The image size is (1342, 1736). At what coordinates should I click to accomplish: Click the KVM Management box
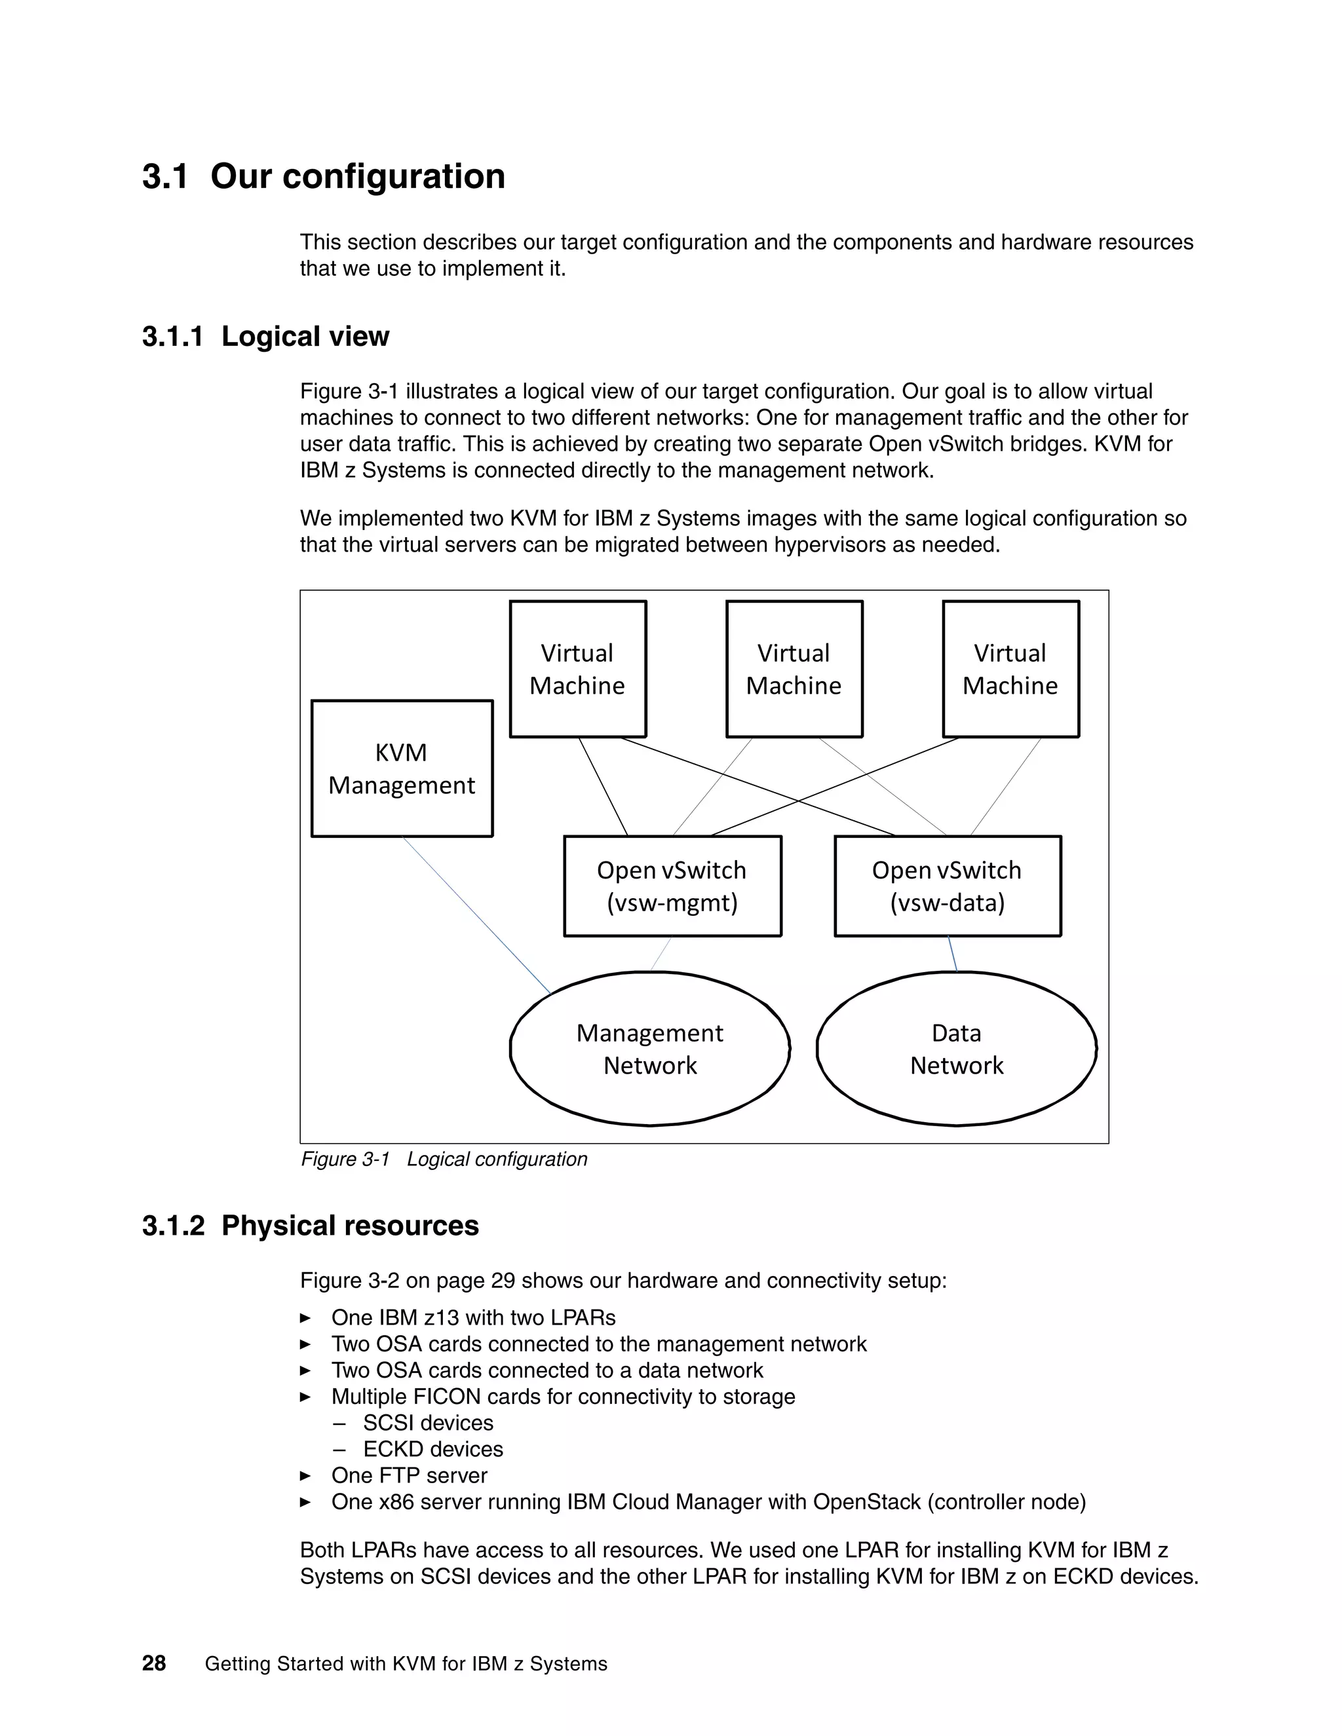(x=402, y=768)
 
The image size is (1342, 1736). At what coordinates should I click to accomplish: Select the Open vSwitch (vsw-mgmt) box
(x=672, y=886)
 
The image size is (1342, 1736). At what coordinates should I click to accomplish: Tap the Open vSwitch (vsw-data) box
(x=947, y=886)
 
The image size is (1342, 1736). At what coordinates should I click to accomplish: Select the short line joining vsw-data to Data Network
(x=952, y=954)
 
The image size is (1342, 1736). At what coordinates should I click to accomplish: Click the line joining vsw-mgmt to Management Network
(x=661, y=954)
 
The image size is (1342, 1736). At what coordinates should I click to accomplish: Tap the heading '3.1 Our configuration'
(x=324, y=176)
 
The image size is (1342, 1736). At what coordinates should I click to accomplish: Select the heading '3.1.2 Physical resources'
(x=310, y=1226)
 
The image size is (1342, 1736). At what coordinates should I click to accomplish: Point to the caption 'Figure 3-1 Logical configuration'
(x=444, y=1159)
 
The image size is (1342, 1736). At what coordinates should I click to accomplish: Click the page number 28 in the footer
(x=154, y=1664)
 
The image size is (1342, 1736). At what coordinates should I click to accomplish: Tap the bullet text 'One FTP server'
(x=409, y=1475)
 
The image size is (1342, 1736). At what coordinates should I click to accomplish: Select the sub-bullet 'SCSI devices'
(x=428, y=1423)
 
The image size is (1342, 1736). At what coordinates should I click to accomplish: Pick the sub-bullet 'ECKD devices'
(x=432, y=1449)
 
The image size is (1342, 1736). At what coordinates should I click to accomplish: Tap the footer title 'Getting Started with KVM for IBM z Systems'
(x=406, y=1664)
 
